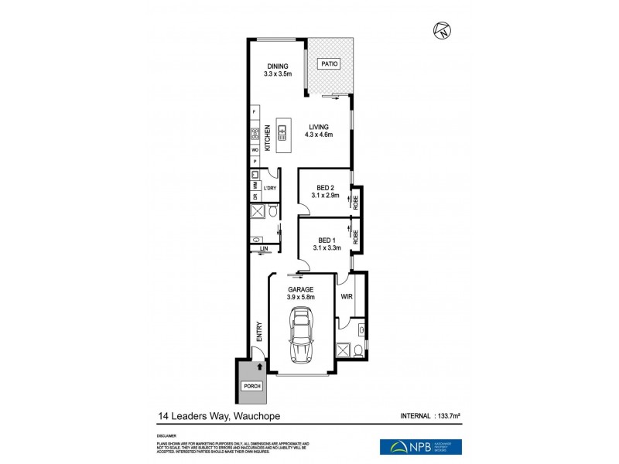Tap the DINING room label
click(x=277, y=70)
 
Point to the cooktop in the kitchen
click(x=254, y=135)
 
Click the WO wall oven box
click(x=254, y=149)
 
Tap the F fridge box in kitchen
click(x=254, y=114)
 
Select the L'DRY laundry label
click(x=270, y=189)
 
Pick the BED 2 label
click(x=325, y=191)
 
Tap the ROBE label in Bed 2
click(x=356, y=203)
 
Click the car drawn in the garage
click(x=299, y=335)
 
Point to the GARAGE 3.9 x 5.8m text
click(x=301, y=292)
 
